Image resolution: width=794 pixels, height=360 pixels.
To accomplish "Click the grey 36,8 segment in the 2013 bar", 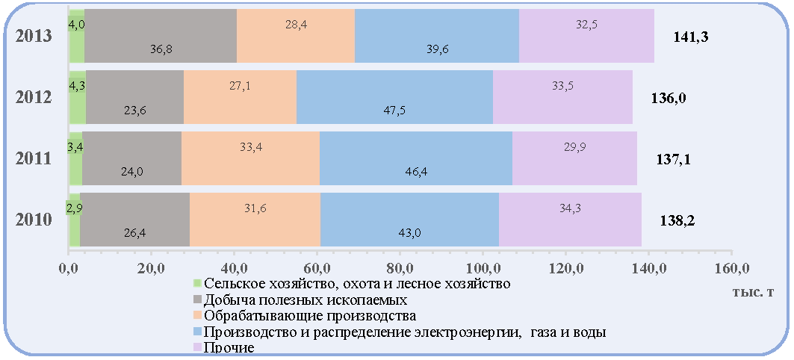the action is point(161,35).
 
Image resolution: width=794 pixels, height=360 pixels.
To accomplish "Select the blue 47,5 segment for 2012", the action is point(394,96).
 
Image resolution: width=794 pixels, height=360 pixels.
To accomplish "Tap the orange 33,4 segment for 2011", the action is point(251,158).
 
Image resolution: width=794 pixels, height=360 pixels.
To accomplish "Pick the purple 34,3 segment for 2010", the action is point(570,220).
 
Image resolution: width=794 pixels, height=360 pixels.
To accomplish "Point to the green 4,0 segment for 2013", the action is point(76,35).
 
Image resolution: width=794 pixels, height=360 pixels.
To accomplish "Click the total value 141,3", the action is point(690,37).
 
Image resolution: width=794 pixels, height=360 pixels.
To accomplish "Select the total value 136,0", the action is point(669,99).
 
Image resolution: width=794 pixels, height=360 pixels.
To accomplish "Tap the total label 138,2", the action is point(677,221).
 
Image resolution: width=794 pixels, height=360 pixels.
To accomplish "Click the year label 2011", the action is point(33,158).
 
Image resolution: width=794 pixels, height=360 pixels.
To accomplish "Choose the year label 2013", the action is point(33,37).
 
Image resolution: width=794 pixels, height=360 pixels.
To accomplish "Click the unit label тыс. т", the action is point(753,293).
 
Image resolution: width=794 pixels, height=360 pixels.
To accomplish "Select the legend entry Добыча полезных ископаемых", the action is point(301,300).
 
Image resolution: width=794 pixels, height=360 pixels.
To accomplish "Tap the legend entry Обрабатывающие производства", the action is point(305,316).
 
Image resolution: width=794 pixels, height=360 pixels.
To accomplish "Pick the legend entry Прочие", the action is point(224,347).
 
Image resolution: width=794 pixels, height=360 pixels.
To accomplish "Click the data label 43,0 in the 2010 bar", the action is point(409,234).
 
